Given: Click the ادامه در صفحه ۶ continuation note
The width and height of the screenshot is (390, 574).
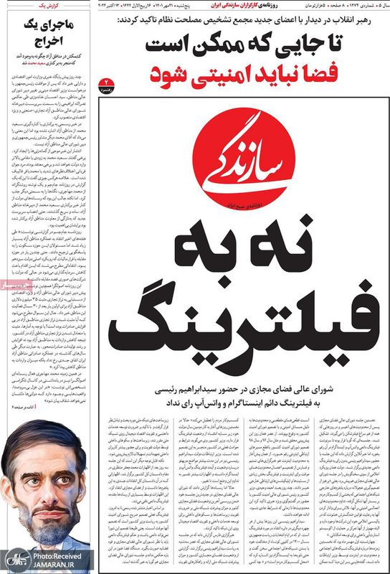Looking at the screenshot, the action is click(x=22, y=405).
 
